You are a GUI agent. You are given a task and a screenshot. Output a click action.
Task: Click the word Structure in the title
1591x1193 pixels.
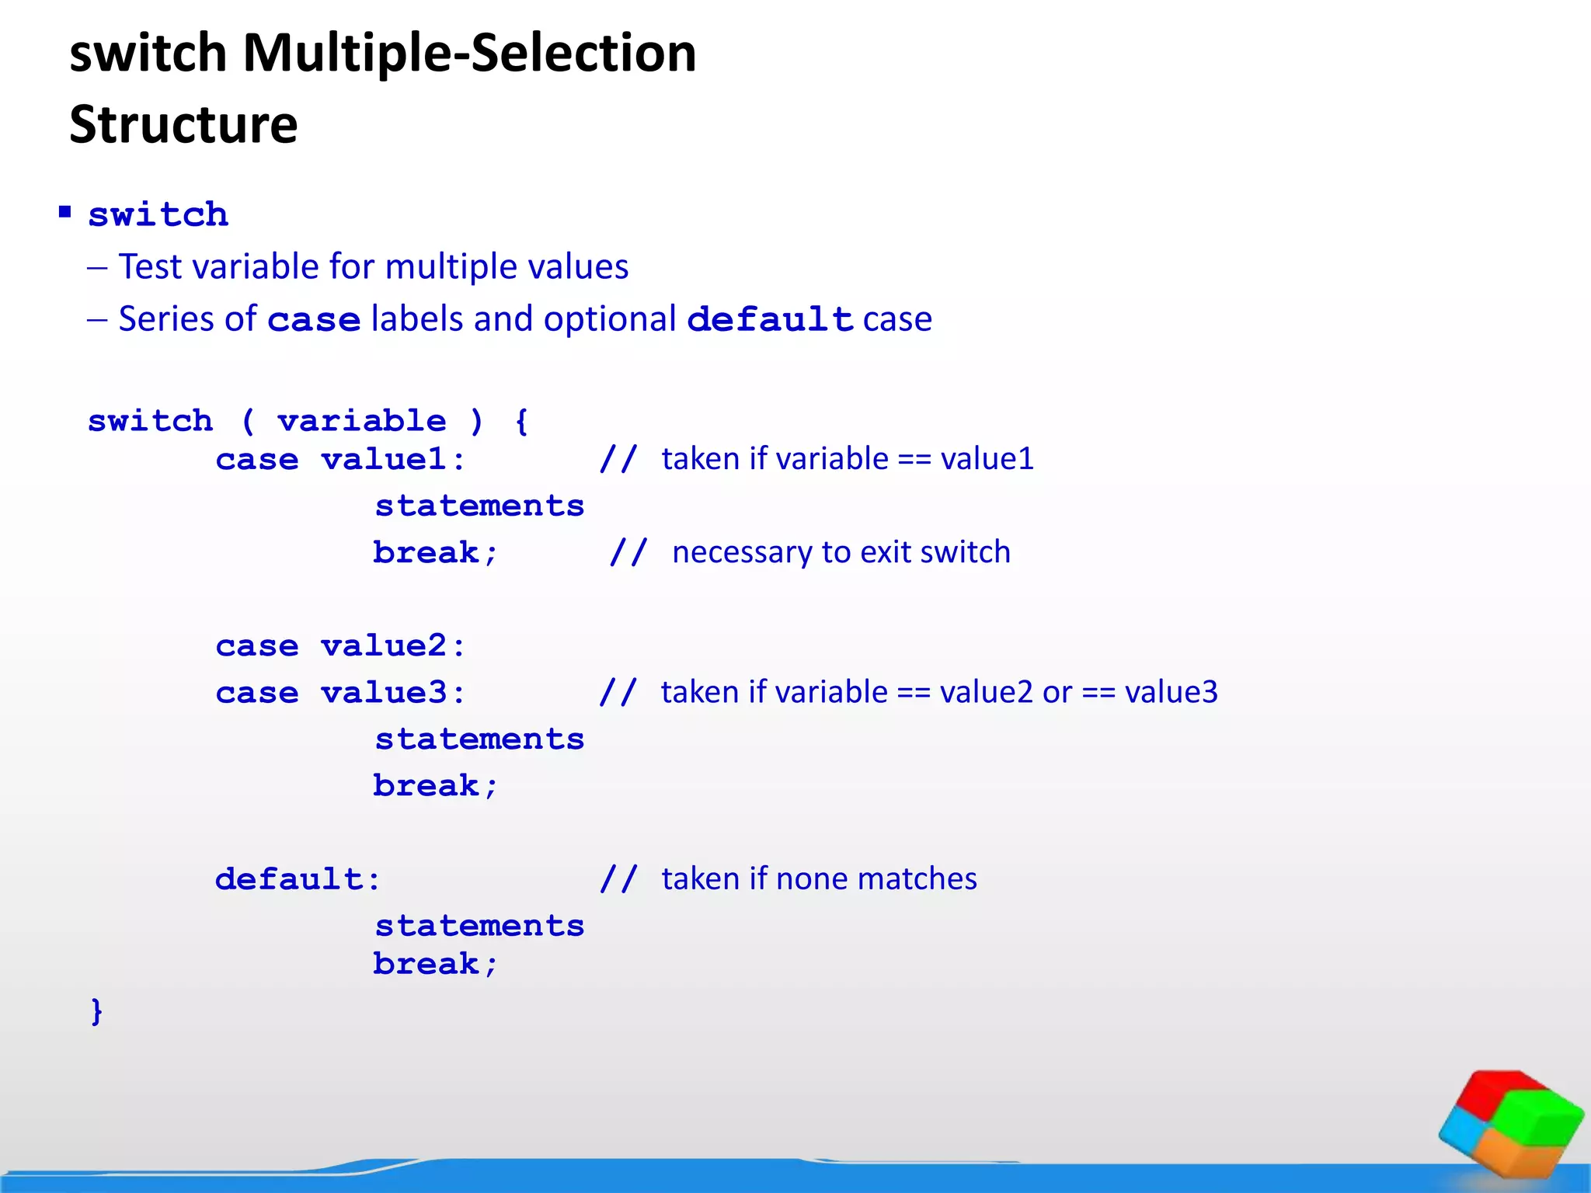(x=183, y=124)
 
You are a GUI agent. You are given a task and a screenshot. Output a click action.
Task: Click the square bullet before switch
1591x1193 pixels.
(x=65, y=212)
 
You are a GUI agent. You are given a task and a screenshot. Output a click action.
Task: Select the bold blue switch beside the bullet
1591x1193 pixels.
(x=158, y=215)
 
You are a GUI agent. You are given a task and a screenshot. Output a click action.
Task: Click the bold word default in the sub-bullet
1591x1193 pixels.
(x=770, y=319)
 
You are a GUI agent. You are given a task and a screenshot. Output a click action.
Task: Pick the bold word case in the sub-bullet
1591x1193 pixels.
(x=314, y=320)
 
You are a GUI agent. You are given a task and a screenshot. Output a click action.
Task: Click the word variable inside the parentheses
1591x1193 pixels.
(x=362, y=421)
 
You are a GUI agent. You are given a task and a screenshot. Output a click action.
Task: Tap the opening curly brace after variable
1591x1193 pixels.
(x=521, y=421)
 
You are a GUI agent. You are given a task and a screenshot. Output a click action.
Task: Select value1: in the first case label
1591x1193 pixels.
(x=393, y=459)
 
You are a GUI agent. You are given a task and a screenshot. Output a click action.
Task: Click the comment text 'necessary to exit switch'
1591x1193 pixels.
(x=841, y=552)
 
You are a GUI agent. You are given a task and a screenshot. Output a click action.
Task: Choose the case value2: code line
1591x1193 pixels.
(x=340, y=645)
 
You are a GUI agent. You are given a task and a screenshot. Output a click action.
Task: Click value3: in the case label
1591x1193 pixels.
(x=393, y=692)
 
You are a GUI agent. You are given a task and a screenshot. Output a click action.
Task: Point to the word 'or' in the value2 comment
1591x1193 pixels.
(x=1057, y=692)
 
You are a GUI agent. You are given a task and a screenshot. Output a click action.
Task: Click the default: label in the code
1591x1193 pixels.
(x=298, y=879)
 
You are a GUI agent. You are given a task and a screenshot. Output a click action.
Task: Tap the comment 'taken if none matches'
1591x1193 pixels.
(x=819, y=878)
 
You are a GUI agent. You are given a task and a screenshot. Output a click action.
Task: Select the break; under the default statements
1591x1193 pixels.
(x=435, y=964)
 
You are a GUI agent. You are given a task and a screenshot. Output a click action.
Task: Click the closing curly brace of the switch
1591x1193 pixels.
(x=96, y=1011)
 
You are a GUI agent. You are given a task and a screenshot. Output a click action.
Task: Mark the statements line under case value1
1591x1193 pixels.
(x=479, y=506)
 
